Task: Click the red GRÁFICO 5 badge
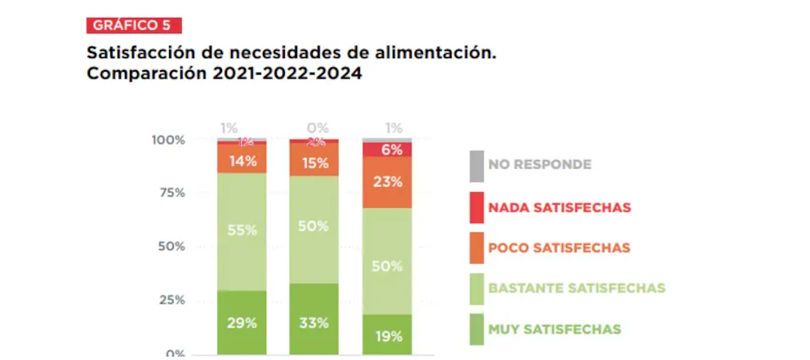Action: coord(133,24)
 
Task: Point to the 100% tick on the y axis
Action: coord(168,140)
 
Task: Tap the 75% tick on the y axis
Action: coord(171,193)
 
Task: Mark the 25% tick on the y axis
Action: coord(171,300)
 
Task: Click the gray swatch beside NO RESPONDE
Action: coord(476,165)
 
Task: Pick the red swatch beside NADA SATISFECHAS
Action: coord(476,207)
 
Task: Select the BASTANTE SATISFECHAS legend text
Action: coord(576,288)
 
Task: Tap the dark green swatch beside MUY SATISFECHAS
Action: coord(476,330)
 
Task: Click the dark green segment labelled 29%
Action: coord(242,322)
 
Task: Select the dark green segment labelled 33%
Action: coord(314,322)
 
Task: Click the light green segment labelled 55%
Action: coord(242,231)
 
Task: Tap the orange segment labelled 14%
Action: coord(242,160)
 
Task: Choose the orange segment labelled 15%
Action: coord(314,162)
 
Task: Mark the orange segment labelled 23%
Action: coord(387,183)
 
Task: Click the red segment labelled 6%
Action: coord(387,149)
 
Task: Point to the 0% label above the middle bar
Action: coord(317,127)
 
